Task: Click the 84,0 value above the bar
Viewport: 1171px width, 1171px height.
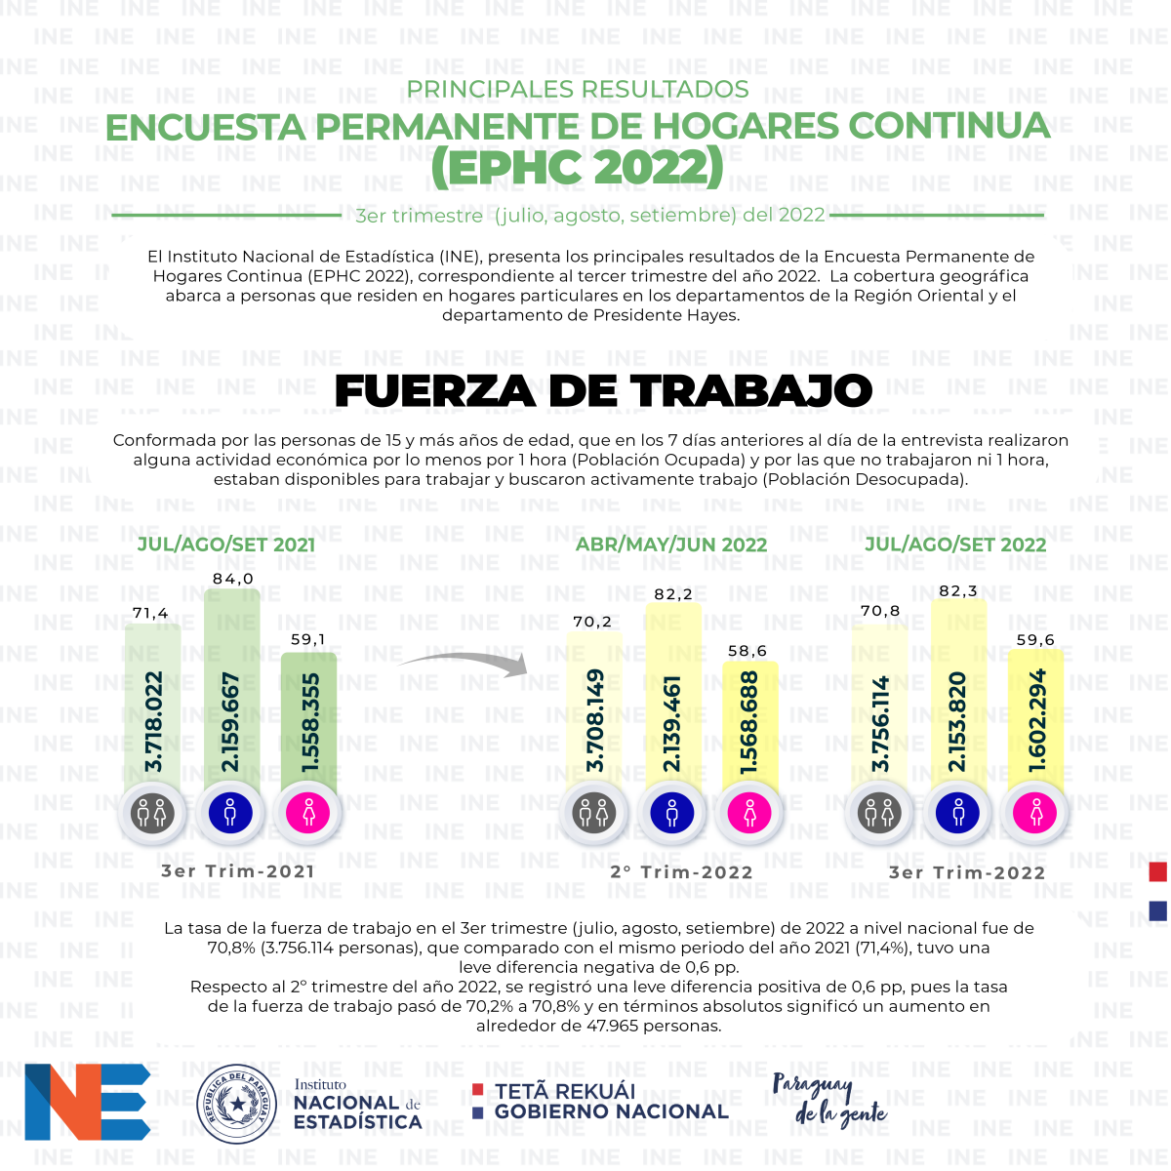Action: (232, 579)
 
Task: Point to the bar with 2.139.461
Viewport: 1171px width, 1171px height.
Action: (672, 698)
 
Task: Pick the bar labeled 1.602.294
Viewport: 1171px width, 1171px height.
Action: (1035, 721)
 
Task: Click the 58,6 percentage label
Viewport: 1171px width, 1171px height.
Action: (747, 652)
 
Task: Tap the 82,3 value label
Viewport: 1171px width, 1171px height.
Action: (957, 590)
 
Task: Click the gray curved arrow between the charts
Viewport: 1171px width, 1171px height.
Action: (462, 662)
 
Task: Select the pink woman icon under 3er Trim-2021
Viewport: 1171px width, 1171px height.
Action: (308, 813)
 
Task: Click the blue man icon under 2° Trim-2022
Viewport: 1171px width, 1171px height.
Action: (672, 813)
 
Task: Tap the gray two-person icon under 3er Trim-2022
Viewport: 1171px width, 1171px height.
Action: (879, 813)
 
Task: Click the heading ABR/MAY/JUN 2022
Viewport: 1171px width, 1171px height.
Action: (670, 545)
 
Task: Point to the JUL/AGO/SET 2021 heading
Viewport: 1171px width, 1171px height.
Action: (226, 545)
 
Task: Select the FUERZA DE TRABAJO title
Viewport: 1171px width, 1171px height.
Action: (603, 390)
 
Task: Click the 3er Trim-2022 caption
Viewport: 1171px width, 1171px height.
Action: (967, 872)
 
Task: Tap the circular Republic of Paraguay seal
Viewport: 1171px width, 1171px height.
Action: (236, 1104)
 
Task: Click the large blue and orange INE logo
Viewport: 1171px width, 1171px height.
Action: (88, 1102)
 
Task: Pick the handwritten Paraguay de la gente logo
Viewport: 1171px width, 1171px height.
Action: (829, 1101)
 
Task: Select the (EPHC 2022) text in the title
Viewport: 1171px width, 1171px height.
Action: (578, 167)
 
